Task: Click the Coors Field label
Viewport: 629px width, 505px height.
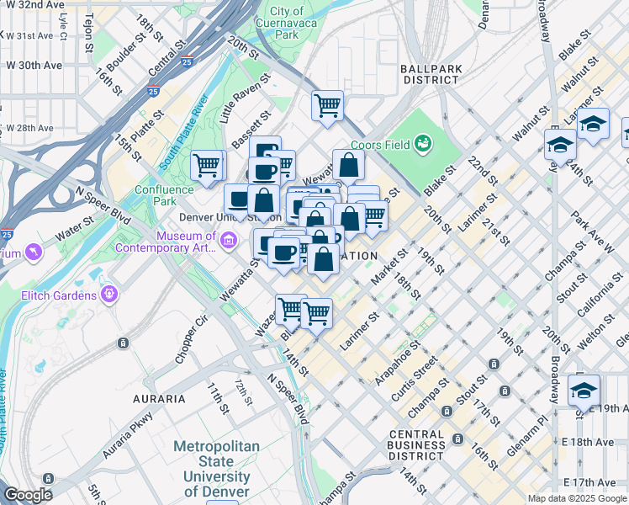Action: [379, 145]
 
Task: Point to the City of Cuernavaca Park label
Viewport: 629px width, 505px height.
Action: [288, 24]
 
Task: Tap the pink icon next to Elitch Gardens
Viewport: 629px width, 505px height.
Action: [108, 294]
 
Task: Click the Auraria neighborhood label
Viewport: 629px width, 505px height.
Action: [158, 398]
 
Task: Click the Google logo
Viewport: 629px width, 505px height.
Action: [28, 495]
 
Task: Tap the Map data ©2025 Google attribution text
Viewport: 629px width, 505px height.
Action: [577, 498]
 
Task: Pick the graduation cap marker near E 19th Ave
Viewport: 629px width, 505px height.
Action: [584, 391]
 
